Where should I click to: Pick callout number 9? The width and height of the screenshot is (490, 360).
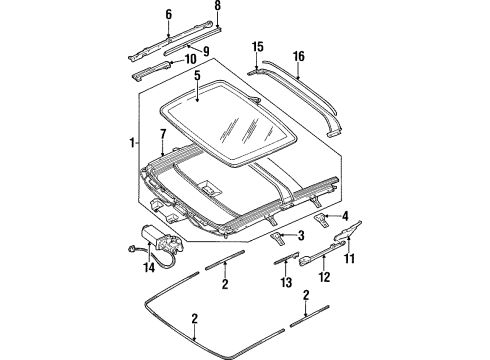[x=206, y=52]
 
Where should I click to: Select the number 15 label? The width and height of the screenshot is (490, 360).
[x=257, y=46]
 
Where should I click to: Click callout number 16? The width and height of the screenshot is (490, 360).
[x=298, y=58]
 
